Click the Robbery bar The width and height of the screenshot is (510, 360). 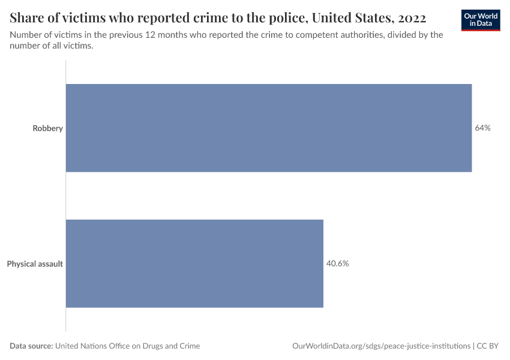(x=268, y=128)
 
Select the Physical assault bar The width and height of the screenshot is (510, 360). (x=194, y=263)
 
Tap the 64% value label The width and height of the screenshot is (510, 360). (x=482, y=128)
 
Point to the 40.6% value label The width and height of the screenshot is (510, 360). (x=337, y=263)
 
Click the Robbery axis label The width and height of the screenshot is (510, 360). (x=47, y=128)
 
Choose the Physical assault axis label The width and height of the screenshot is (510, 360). (x=35, y=263)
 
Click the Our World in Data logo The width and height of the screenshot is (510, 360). (x=480, y=20)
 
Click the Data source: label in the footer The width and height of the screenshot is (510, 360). (x=31, y=346)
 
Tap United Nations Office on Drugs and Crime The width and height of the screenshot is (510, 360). (x=128, y=346)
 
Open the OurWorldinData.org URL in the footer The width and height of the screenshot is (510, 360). (x=381, y=346)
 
